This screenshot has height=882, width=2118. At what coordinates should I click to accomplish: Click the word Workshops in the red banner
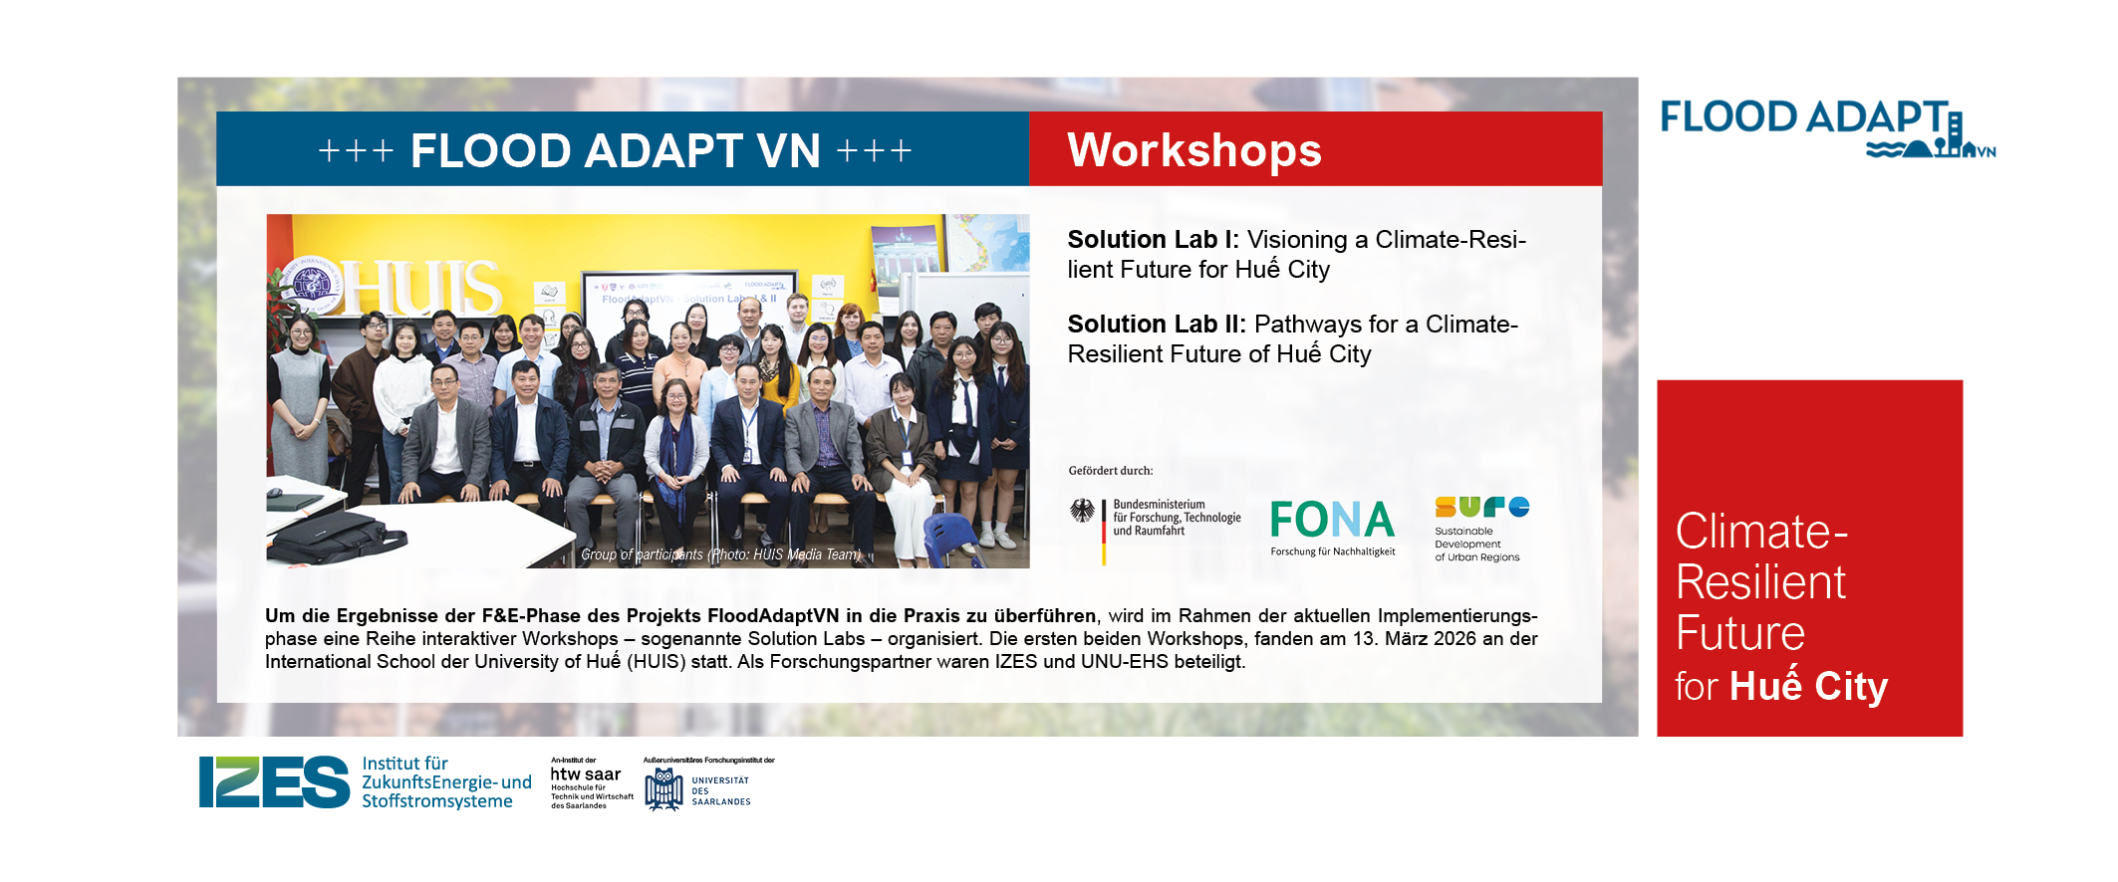(1193, 150)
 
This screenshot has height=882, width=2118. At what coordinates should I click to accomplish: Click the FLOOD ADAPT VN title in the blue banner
(615, 151)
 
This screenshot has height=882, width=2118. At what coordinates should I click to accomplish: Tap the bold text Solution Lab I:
(1153, 240)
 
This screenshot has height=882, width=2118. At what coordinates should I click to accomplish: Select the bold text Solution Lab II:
(1157, 325)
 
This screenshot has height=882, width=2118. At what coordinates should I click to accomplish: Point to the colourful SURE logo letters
(1481, 507)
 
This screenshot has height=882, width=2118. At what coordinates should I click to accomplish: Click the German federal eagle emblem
(1082, 512)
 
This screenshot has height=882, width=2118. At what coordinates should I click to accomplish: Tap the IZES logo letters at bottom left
(274, 781)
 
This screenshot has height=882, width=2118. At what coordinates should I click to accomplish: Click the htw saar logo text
(586, 774)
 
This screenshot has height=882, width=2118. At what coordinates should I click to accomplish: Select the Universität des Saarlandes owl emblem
(663, 789)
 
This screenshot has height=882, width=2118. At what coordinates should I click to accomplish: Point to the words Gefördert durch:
(1110, 471)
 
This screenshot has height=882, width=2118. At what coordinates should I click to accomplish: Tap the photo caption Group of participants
(642, 554)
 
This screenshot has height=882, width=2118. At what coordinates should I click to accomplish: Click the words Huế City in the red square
(1808, 687)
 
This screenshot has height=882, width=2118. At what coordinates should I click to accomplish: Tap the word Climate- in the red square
(1761, 532)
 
